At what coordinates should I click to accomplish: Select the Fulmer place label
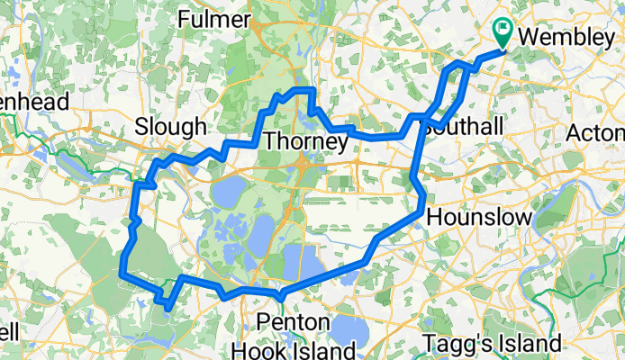coord(214,18)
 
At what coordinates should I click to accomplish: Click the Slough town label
coord(170,127)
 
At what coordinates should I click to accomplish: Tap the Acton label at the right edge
coord(597,133)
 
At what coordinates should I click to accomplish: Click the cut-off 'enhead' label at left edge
coord(34,103)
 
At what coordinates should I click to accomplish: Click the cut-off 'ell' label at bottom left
coord(9,332)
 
